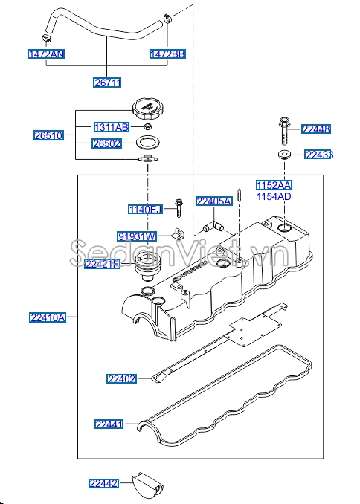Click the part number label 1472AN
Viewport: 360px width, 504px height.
[46, 54]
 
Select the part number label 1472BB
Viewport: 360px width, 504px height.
[167, 54]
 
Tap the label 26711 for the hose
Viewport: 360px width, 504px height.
[107, 83]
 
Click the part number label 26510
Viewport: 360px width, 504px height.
[48, 135]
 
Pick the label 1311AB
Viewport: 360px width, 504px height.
[111, 126]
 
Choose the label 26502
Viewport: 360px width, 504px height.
[107, 143]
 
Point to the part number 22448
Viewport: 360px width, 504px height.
[316, 129]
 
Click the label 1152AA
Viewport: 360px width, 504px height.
[274, 184]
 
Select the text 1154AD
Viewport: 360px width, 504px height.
[274, 196]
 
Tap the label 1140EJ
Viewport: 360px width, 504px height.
[144, 210]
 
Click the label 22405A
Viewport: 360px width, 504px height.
[214, 201]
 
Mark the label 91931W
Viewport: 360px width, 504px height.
[136, 236]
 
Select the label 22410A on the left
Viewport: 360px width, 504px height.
[48, 317]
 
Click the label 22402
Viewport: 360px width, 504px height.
[121, 379]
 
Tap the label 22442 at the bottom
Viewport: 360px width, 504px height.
[104, 483]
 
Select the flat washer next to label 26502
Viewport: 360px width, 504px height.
[148, 143]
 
